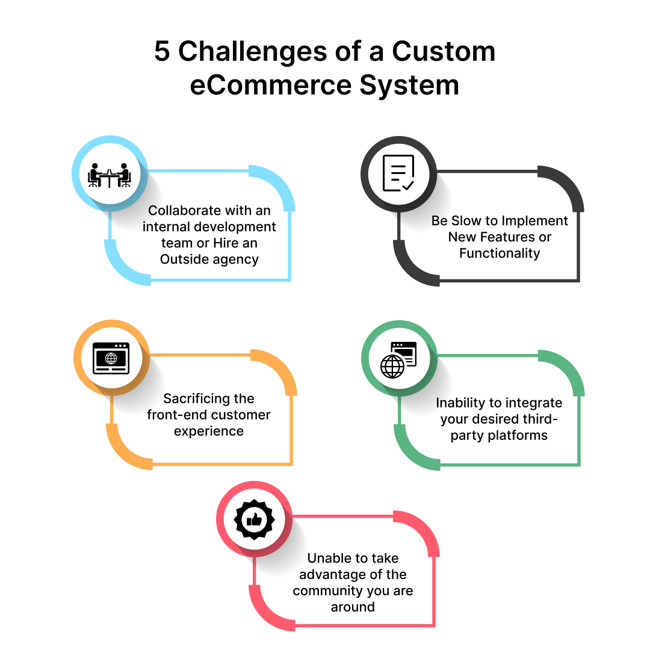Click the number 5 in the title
162,51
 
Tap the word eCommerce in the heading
271,85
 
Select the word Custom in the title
444,51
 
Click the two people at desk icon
110,175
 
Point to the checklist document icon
398,173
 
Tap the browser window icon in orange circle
111,358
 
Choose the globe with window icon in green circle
398,360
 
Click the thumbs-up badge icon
254,519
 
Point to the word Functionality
500,253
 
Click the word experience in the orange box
208,432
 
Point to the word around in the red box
353,607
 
